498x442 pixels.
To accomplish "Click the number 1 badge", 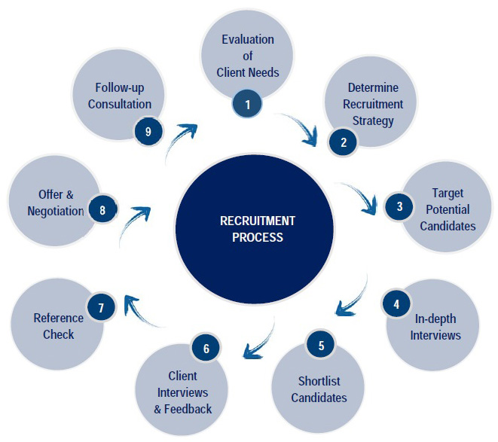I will pos(247,104).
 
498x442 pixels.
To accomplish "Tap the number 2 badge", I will pos(344,141).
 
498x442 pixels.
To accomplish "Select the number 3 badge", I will pos(400,206).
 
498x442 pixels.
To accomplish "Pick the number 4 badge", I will pos(395,303).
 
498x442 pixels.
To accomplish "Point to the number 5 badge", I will pos(321,346).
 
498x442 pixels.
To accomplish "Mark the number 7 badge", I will pos(100,306).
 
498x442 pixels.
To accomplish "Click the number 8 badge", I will pos(102,209).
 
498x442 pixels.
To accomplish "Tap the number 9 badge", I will pos(148,131).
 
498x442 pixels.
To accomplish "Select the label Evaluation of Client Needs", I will pos(247,56).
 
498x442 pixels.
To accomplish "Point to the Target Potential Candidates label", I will pos(448,210).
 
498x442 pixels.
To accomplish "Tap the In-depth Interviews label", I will pos(435,328).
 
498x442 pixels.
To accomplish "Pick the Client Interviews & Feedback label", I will pos(183,392).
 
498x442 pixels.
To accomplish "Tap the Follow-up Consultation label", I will pos(120,96).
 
